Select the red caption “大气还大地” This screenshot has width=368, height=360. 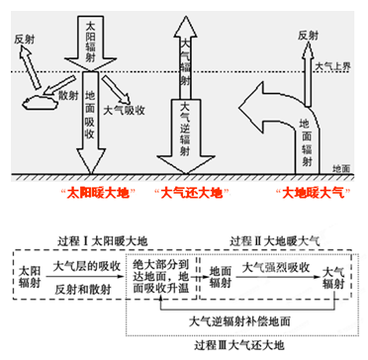(188, 191)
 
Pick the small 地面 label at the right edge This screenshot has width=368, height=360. (345, 169)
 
